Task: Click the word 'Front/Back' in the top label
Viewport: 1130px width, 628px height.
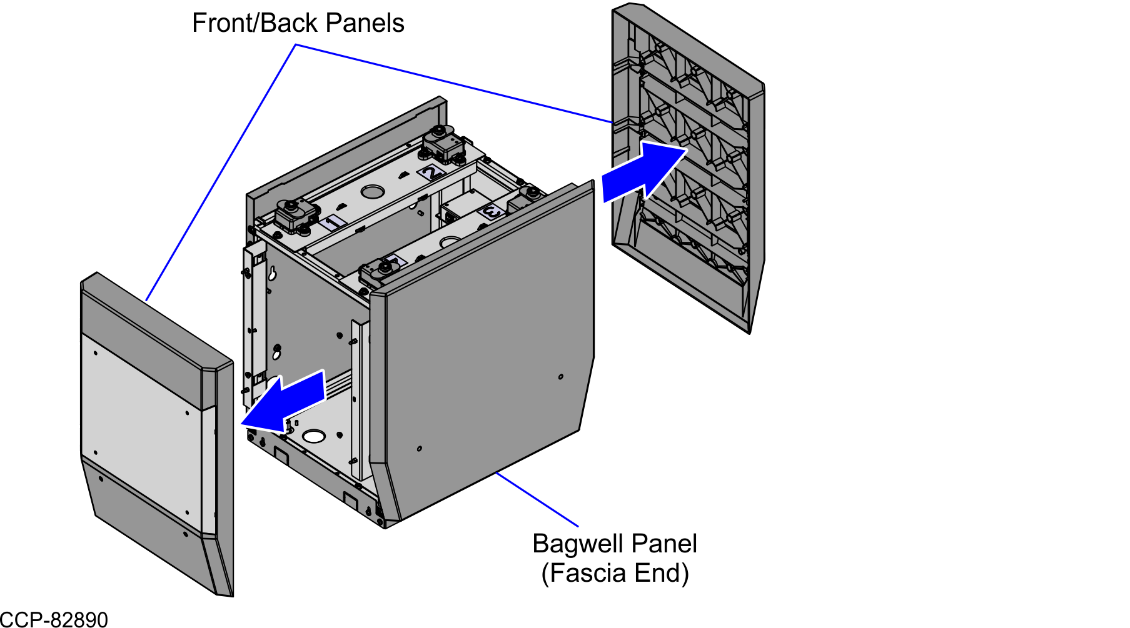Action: [256, 23]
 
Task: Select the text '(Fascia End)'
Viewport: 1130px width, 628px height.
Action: [615, 573]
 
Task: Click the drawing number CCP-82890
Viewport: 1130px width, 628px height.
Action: [54, 620]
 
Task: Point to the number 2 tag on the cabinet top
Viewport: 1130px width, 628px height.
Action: [431, 172]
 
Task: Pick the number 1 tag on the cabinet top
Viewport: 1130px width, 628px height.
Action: [333, 222]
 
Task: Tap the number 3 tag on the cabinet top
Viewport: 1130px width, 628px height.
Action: [492, 212]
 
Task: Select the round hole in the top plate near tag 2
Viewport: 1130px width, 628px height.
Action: [373, 191]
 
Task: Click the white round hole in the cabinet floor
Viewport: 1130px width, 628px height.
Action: [314, 436]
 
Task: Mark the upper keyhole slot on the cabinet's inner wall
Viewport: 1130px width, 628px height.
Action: [273, 272]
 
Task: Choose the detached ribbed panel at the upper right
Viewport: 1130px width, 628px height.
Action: [688, 162]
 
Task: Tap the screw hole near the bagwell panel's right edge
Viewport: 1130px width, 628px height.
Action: [561, 376]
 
